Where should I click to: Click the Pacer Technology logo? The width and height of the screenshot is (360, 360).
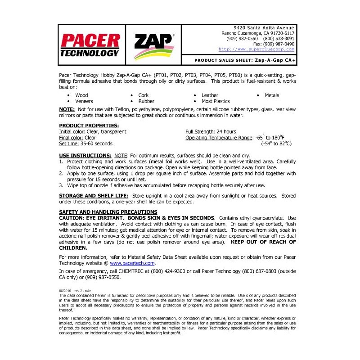click(90, 45)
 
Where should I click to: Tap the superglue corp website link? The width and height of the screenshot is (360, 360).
click(256, 49)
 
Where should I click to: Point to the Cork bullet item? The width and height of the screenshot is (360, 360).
click(144, 95)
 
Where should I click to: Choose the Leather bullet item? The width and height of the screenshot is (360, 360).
click(210, 95)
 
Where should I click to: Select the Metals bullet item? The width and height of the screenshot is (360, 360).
click(272, 95)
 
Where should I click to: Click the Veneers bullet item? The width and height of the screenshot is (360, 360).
click(84, 102)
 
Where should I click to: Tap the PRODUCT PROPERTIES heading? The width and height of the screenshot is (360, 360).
click(89, 126)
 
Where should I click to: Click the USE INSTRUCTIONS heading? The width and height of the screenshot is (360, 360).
click(85, 155)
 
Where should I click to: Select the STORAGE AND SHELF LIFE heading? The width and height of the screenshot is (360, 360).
click(94, 195)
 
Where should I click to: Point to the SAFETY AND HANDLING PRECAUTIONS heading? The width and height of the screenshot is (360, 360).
click(108, 212)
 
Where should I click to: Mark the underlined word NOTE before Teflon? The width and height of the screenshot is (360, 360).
click(67, 109)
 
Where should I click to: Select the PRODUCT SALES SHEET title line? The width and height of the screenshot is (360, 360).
click(245, 60)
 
